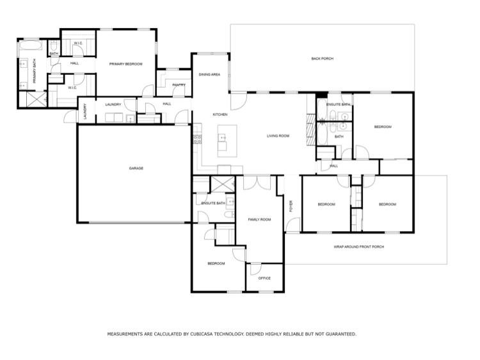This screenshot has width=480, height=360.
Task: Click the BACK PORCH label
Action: tap(322, 59)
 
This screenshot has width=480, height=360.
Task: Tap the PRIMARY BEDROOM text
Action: tap(125, 64)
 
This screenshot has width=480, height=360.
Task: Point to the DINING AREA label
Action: tap(209, 75)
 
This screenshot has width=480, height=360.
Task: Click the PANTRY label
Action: tap(179, 85)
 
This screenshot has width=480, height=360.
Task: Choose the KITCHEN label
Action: tap(220, 115)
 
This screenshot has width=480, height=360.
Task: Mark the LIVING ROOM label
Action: tap(278, 136)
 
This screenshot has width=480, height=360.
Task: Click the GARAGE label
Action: tap(136, 168)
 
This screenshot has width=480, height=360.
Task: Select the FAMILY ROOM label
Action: tap(259, 220)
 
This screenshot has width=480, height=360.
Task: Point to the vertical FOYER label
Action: tap(291, 206)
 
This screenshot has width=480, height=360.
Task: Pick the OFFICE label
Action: tap(264, 279)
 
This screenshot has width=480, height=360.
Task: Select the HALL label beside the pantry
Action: tap(166, 104)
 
